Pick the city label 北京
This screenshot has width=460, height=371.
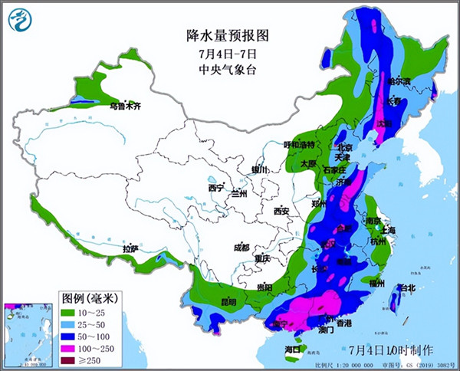(344, 147)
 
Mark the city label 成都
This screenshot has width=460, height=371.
(242, 247)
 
